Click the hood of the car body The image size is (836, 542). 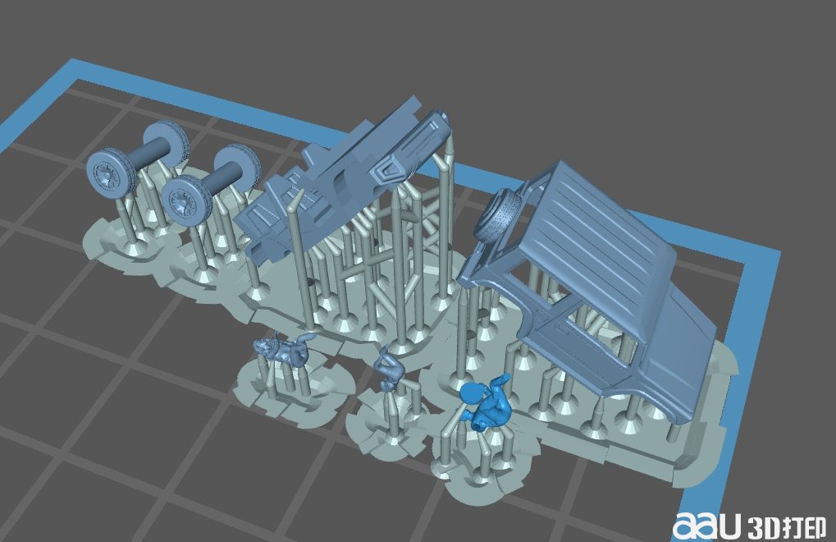coord(688,342)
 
